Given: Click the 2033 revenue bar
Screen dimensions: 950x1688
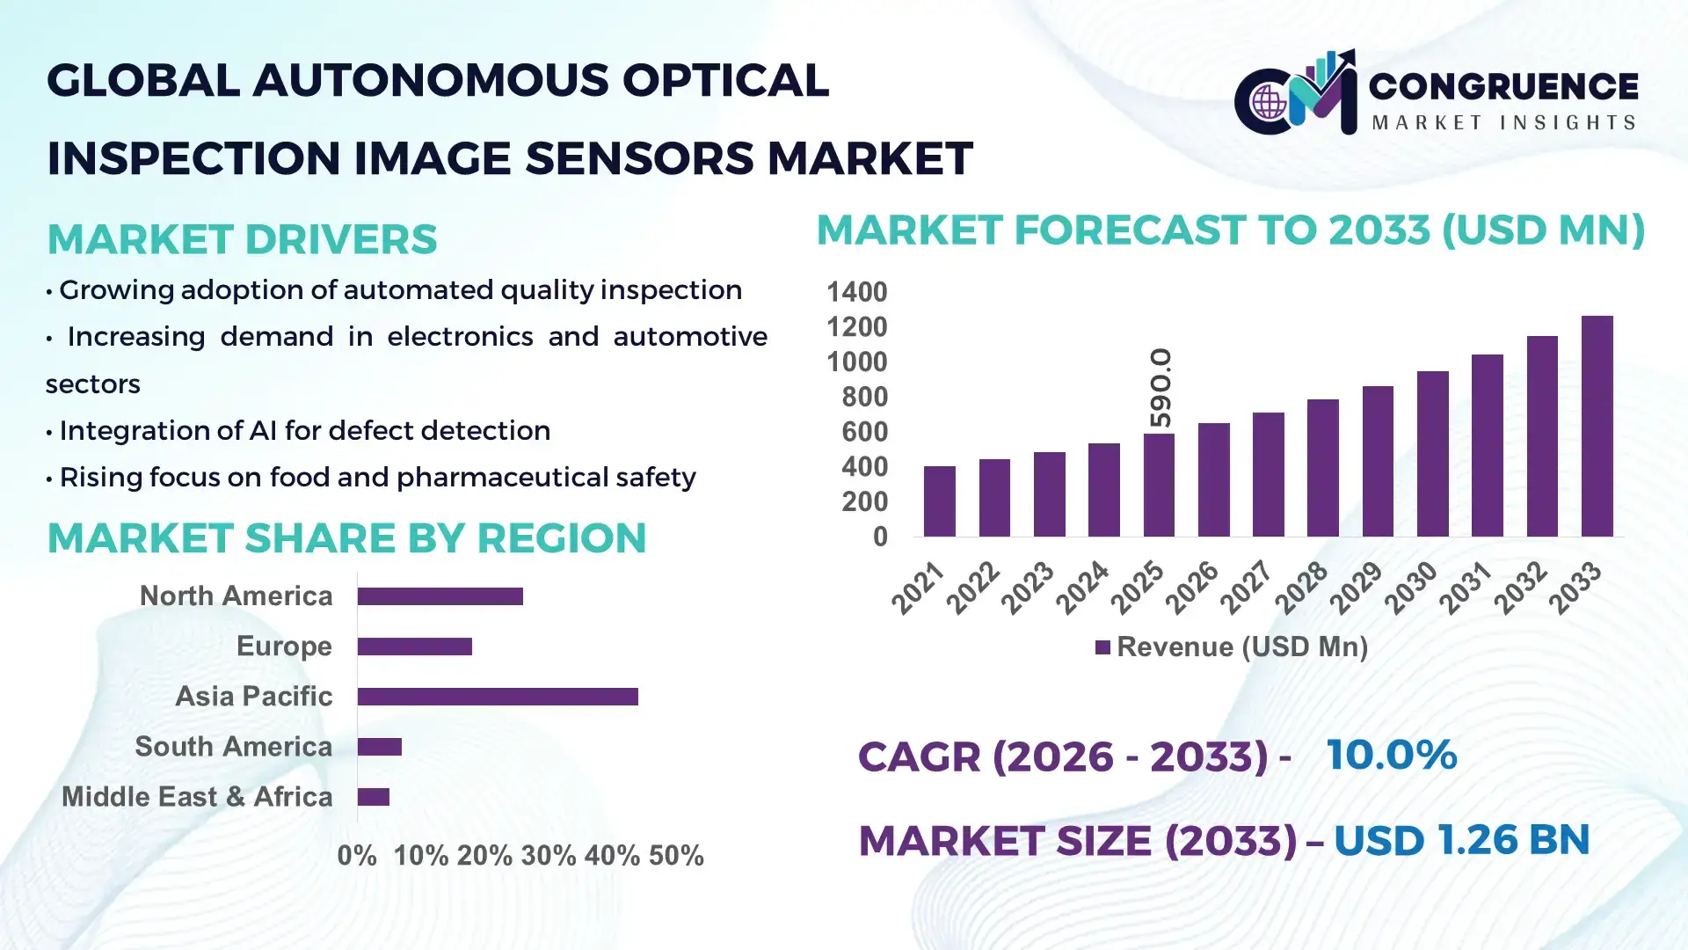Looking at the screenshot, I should (1597, 427).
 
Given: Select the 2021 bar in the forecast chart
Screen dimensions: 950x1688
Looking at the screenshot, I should (939, 501).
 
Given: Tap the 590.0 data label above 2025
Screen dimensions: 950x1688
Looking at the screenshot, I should (1160, 388).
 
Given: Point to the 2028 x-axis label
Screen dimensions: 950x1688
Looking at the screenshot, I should (1301, 588).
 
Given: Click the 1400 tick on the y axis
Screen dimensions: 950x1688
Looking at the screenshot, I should (856, 292).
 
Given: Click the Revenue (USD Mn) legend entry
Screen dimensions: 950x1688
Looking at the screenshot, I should (1231, 647).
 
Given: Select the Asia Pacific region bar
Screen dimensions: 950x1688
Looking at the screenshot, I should (498, 697).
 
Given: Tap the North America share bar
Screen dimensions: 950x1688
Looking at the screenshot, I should (440, 596).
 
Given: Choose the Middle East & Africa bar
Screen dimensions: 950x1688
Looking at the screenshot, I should (374, 797).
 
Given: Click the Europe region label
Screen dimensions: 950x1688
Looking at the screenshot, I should (284, 647).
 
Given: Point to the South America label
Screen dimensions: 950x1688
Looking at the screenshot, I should (233, 747).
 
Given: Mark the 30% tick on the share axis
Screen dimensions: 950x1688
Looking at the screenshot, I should (548, 856).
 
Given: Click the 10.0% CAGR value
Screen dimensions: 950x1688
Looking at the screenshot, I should (1391, 755).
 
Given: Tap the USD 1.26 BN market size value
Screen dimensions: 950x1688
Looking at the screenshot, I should (1461, 840).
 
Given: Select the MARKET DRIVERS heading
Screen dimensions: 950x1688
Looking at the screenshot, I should (242, 239).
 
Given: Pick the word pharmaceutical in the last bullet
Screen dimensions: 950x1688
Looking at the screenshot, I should (509, 478).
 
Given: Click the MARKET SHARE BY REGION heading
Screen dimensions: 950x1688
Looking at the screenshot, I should (346, 538).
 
